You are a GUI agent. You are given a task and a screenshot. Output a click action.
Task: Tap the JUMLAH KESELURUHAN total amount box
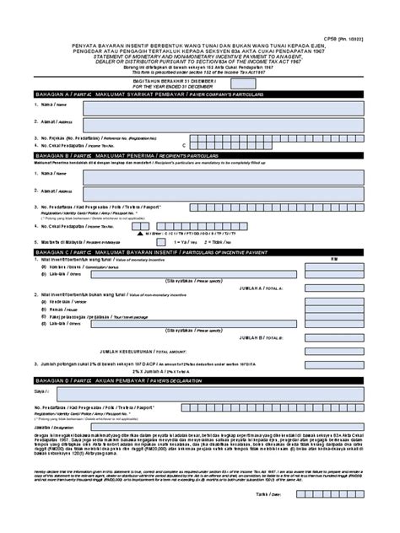(334, 351)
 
